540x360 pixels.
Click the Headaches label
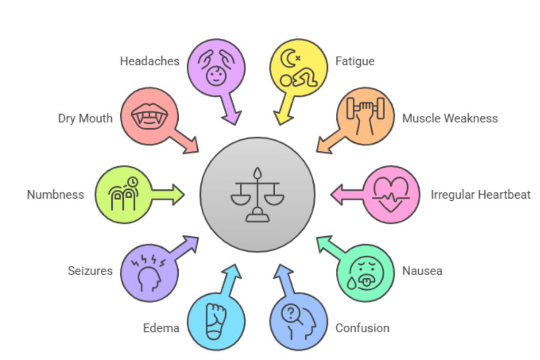point(149,61)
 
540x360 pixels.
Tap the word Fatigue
point(355,61)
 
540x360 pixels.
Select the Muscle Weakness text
point(450,118)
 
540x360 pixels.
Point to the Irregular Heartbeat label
point(480,194)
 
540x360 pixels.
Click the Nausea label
point(422,271)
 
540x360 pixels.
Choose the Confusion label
point(362,328)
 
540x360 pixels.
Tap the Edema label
point(161,328)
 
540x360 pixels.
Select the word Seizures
point(90,271)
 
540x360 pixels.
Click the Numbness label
point(55,194)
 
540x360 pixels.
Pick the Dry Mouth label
point(85,118)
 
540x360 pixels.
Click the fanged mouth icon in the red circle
point(149,116)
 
